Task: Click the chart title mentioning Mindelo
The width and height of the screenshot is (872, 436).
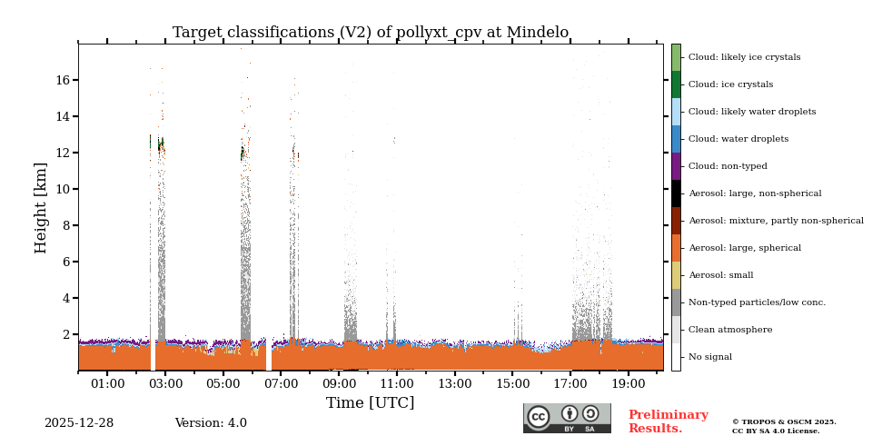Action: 371,33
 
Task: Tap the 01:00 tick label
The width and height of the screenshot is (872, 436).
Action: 107,384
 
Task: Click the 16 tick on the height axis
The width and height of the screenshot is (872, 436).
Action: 63,80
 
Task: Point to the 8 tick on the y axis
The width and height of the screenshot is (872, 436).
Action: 66,225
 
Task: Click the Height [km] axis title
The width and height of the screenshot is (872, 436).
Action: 42,207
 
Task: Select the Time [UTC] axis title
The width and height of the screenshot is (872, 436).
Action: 370,402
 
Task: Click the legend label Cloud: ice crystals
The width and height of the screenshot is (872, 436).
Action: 730,84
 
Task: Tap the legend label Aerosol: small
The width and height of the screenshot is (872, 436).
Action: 720,275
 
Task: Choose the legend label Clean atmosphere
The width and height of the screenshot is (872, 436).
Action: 730,330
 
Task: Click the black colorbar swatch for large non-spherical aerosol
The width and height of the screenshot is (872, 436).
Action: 676,193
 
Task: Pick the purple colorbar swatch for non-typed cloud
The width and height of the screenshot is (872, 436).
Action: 676,166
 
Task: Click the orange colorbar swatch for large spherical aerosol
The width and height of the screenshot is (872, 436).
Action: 676,248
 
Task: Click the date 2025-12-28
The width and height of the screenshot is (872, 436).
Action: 79,423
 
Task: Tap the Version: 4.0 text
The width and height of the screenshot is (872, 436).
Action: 211,423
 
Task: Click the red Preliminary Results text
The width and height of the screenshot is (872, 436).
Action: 668,421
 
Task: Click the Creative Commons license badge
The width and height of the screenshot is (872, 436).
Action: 567,418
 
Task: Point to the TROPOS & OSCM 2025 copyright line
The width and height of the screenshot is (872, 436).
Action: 784,421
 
